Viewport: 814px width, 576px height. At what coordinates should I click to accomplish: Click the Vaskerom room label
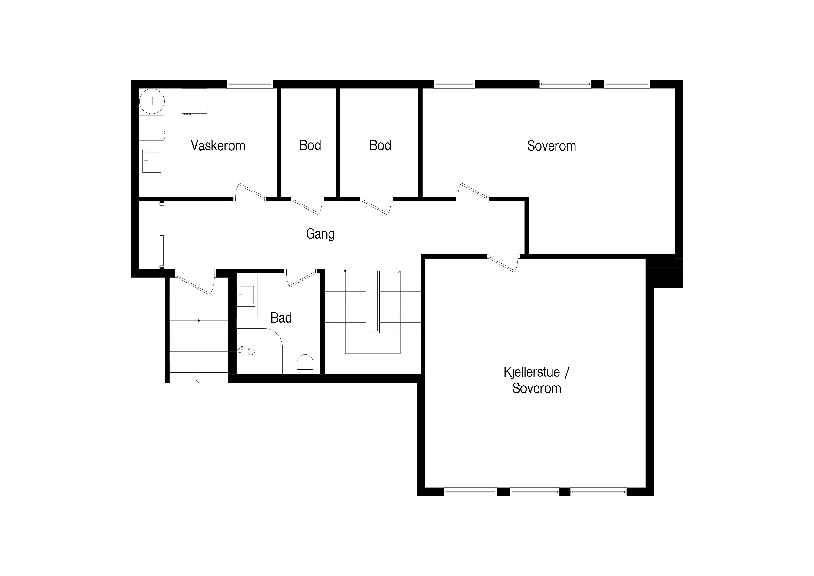point(218,145)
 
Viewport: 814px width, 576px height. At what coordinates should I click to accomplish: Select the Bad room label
point(281,318)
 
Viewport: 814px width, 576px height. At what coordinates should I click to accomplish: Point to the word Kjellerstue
point(532,372)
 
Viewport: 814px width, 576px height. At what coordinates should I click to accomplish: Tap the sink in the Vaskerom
point(152,161)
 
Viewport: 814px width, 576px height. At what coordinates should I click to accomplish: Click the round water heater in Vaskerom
point(152,101)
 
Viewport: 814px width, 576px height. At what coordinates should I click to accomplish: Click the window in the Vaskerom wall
point(250,84)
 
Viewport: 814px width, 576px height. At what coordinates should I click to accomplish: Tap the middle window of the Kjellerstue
point(534,491)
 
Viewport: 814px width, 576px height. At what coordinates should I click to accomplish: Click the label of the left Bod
point(310,145)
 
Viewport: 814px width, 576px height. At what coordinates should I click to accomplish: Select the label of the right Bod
point(380,145)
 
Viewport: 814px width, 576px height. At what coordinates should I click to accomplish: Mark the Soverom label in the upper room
point(551,146)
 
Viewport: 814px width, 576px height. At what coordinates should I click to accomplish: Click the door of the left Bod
point(307,206)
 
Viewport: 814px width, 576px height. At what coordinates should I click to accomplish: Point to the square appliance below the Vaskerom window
point(194,101)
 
